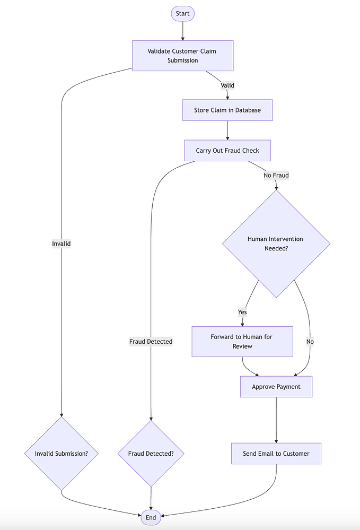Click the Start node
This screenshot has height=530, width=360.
pyautogui.click(x=182, y=13)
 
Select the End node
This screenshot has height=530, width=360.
pyautogui.click(x=151, y=517)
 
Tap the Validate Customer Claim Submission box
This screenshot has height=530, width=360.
pyautogui.click(x=182, y=56)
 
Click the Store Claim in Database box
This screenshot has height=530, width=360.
pyautogui.click(x=227, y=110)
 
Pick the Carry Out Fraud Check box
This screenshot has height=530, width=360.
pyautogui.click(x=227, y=151)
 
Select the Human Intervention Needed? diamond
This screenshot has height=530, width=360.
pyautogui.click(x=276, y=244)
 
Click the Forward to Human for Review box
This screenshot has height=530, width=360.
pyautogui.click(x=242, y=342)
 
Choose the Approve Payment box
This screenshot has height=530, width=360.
pyautogui.click(x=276, y=387)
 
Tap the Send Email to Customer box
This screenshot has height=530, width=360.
pyautogui.click(x=276, y=454)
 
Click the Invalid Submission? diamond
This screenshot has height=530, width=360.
pyautogui.click(x=62, y=454)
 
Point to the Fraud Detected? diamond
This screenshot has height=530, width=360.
pyautogui.click(x=151, y=454)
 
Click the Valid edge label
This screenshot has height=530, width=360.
pyautogui.click(x=227, y=85)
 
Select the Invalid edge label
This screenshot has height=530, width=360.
pyautogui.click(x=62, y=244)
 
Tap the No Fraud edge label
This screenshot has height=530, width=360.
pyautogui.click(x=276, y=175)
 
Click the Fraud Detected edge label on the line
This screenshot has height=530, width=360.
pyautogui.click(x=151, y=342)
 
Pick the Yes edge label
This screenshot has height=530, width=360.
pyautogui.click(x=242, y=312)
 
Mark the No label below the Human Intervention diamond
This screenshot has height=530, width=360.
pyautogui.click(x=310, y=342)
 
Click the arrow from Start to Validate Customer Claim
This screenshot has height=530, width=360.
pyautogui.click(x=182, y=31)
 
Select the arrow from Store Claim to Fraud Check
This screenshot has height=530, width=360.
pyautogui.click(x=227, y=131)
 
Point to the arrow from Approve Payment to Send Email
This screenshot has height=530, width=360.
pyautogui.click(x=276, y=420)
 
